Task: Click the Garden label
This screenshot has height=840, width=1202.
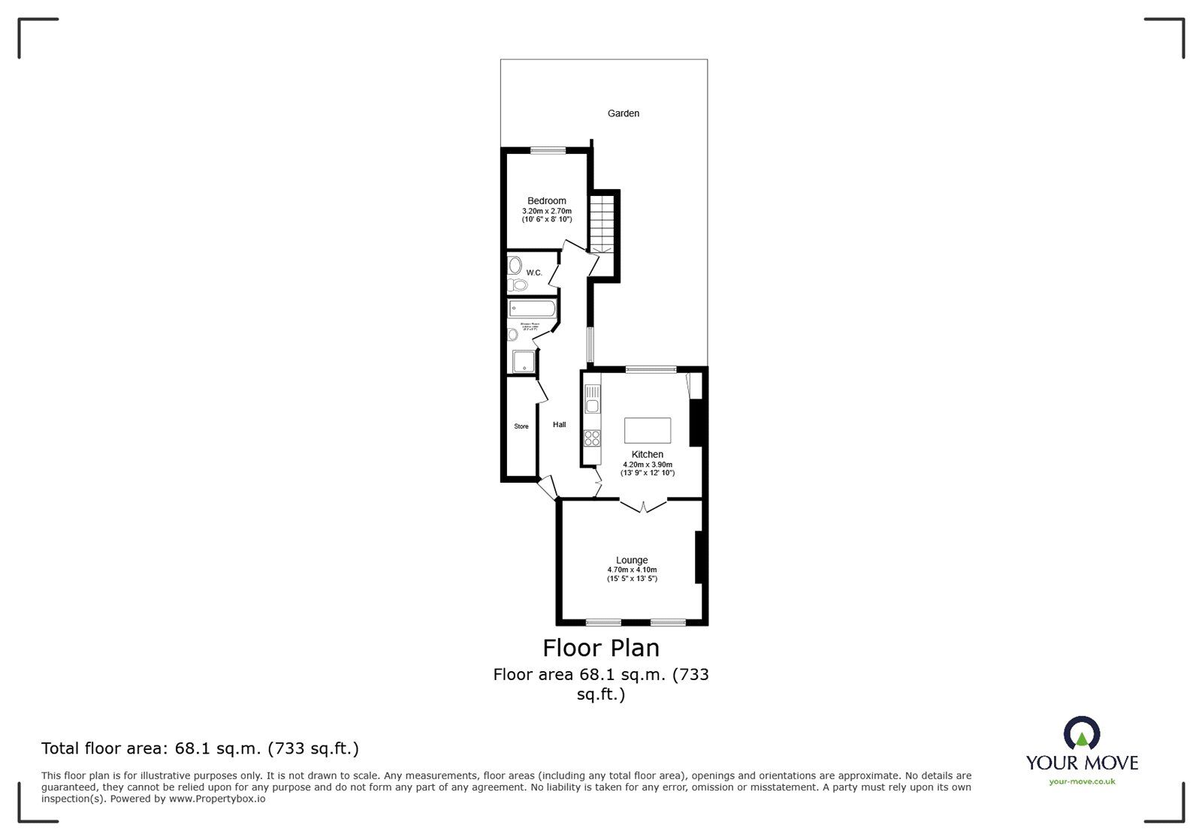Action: click(x=623, y=113)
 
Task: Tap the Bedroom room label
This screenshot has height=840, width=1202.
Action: click(x=546, y=200)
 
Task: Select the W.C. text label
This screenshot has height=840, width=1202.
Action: click(x=533, y=272)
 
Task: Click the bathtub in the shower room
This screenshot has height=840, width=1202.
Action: click(x=531, y=309)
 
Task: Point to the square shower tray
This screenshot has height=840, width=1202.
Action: click(x=524, y=362)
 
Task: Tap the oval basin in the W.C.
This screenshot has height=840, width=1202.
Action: click(x=515, y=264)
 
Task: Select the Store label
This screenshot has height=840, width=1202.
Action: click(x=521, y=426)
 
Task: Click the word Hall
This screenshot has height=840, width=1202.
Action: click(x=559, y=425)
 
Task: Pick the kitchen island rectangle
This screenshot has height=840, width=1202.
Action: click(x=647, y=431)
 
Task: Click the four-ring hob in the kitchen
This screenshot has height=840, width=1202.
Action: click(x=592, y=438)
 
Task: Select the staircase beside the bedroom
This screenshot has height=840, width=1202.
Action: click(x=603, y=222)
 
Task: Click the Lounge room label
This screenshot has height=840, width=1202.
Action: click(x=632, y=560)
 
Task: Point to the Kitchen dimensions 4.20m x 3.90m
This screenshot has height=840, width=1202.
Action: click(x=647, y=465)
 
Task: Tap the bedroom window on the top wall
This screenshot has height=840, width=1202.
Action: click(x=548, y=150)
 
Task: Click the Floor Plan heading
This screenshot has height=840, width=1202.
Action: click(x=601, y=647)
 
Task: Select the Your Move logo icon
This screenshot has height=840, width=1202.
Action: click(x=1082, y=734)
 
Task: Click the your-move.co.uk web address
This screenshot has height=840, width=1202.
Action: click(x=1082, y=781)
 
